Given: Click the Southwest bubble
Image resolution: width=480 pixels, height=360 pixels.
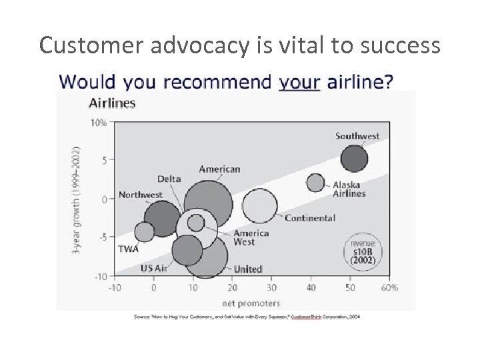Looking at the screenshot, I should pyautogui.click(x=354, y=159).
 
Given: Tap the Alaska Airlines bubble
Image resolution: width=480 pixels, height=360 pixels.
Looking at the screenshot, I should pyautogui.click(x=315, y=182).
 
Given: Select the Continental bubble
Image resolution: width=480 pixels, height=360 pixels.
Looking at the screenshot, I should pyautogui.click(x=260, y=206).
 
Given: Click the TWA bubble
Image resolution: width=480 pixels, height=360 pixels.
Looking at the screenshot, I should pyautogui.click(x=144, y=231).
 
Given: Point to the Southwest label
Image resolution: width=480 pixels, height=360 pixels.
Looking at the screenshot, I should pyautogui.click(x=357, y=136).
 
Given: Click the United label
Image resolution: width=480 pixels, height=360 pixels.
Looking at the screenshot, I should pyautogui.click(x=248, y=269).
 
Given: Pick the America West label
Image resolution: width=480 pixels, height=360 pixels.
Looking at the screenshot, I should pyautogui.click(x=251, y=237).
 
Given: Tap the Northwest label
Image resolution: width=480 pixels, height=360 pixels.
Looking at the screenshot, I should pyautogui.click(x=141, y=195).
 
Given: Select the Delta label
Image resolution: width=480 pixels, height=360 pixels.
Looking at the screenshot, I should pyautogui.click(x=169, y=179).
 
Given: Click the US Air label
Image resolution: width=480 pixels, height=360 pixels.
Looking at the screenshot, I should pyautogui.click(x=155, y=268).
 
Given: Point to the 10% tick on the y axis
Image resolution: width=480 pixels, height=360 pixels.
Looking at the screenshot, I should pyautogui.click(x=99, y=123).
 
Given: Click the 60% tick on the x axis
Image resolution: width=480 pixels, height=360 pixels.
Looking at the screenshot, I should pyautogui.click(x=390, y=288).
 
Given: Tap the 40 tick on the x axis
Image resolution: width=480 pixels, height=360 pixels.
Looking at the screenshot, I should pyautogui.click(x=311, y=288).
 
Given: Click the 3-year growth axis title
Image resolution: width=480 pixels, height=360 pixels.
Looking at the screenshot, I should pyautogui.click(x=77, y=199).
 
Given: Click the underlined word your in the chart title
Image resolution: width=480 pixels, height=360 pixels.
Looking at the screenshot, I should pyautogui.click(x=299, y=82).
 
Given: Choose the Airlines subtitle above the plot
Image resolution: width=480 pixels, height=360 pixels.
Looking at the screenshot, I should pyautogui.click(x=112, y=103).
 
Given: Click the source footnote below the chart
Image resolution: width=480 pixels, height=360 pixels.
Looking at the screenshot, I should pyautogui.click(x=247, y=317).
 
